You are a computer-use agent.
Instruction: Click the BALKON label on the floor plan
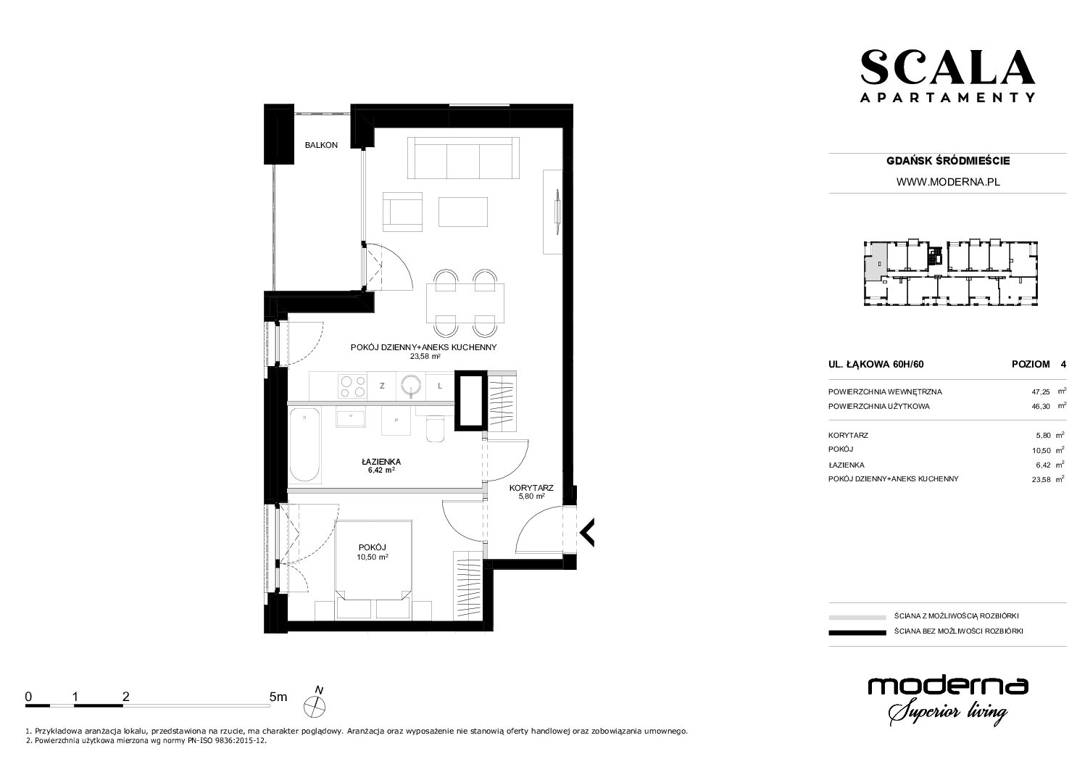click(x=321, y=145)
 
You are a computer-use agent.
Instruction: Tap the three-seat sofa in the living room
click(x=464, y=159)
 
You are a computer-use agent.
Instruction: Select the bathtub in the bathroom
click(x=304, y=444)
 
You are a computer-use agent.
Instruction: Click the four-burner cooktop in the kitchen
click(x=353, y=386)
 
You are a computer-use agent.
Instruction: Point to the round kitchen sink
click(x=411, y=386)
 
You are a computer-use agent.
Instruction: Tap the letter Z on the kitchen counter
click(x=382, y=386)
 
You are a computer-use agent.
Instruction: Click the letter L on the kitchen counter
click(x=440, y=386)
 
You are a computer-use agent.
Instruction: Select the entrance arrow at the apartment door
click(x=586, y=532)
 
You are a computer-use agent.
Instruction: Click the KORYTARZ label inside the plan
click(x=531, y=488)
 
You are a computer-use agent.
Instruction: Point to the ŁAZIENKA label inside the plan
click(x=381, y=462)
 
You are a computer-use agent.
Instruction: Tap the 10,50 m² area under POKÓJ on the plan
click(x=373, y=557)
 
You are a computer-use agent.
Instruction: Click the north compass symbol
click(x=315, y=703)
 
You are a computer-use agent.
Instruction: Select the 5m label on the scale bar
click(x=278, y=697)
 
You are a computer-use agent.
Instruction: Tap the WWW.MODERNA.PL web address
click(x=948, y=182)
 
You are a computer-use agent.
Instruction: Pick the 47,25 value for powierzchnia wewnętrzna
click(x=1041, y=392)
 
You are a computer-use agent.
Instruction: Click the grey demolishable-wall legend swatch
click(x=857, y=617)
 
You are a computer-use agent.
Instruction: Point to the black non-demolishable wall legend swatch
click(x=857, y=632)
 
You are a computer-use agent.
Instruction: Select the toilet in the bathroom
click(x=435, y=430)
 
